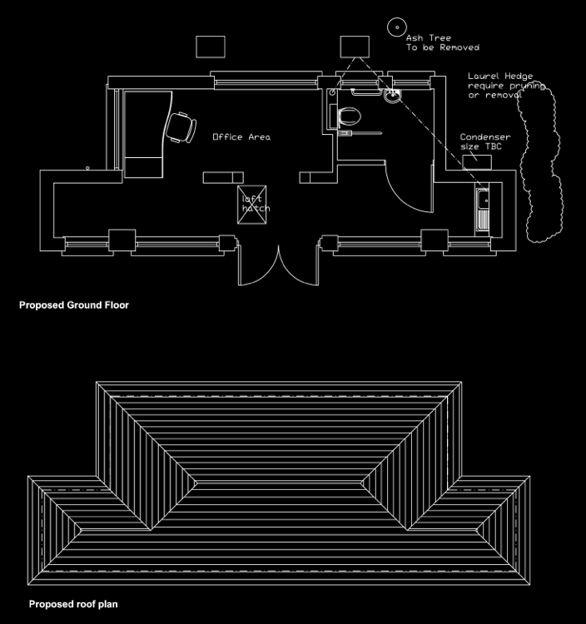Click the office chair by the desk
click(x=181, y=127)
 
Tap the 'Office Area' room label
click(x=241, y=137)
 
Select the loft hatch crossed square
click(x=252, y=205)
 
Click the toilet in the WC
click(x=350, y=116)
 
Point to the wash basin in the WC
click(x=393, y=96)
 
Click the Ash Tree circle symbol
click(x=397, y=27)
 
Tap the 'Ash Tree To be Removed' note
click(x=443, y=42)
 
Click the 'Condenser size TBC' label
click(x=485, y=141)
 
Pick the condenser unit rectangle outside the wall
click(x=477, y=162)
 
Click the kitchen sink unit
click(x=483, y=210)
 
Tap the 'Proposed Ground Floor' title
click(x=74, y=305)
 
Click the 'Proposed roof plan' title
click(x=73, y=604)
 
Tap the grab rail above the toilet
click(x=365, y=92)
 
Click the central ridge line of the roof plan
click(x=280, y=483)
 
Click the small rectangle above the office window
click(x=211, y=47)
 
